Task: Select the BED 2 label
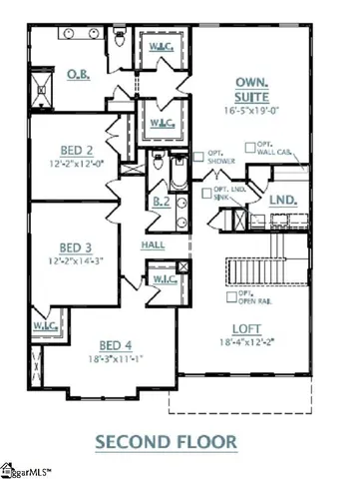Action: coord(76,146)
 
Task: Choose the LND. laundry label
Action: coord(284,202)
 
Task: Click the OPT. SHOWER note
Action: coord(220,157)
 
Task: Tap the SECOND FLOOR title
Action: coord(180,439)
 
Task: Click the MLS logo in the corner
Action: coord(30,469)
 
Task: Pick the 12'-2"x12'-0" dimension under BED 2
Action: coord(76,163)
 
